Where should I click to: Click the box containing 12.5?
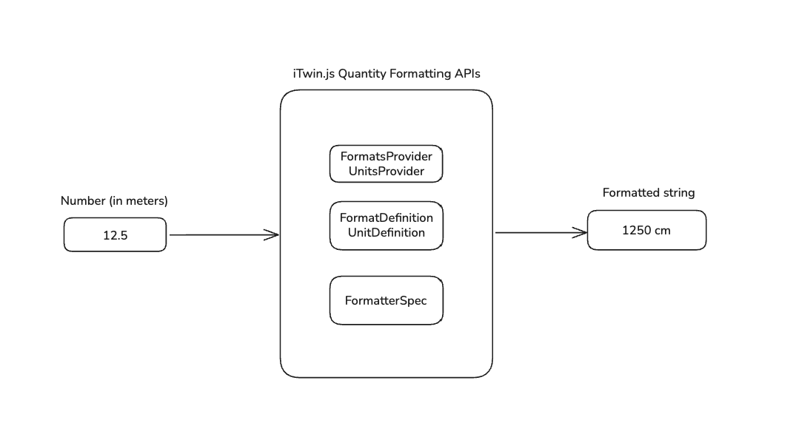115,234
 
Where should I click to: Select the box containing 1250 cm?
646,230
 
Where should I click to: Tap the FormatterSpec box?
386,300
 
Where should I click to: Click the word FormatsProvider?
386,157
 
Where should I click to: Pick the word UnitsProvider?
386,171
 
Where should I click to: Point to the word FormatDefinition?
386,218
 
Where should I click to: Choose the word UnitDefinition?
386,232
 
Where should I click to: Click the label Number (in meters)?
114,200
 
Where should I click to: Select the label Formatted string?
649,193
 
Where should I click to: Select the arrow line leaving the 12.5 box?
215,235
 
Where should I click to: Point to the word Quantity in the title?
362,74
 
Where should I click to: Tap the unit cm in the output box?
662,230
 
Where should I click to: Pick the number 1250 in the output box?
636,230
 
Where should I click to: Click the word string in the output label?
678,193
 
